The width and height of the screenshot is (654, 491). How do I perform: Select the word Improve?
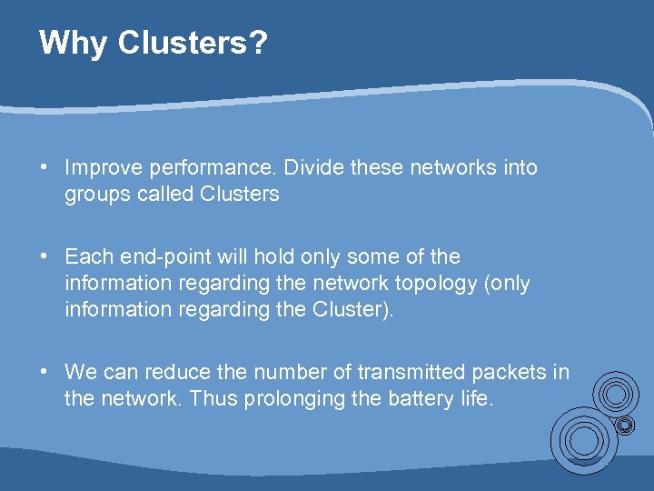pos(101,167)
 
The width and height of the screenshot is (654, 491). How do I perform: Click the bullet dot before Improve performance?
pos(44,167)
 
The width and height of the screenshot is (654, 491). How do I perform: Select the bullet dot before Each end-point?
pos(44,256)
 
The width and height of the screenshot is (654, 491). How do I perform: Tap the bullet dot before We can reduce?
pos(44,372)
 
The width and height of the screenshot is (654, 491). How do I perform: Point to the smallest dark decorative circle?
pos(625,425)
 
